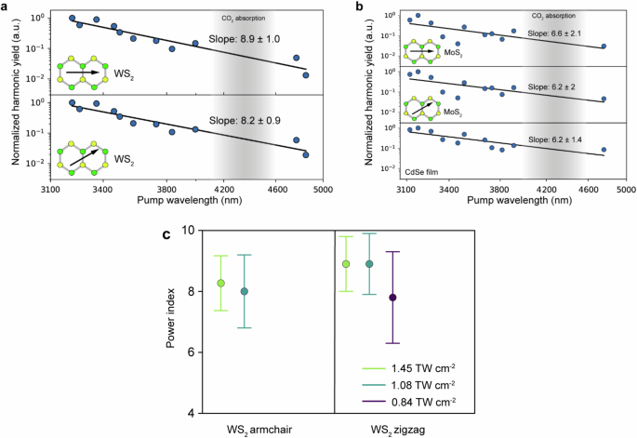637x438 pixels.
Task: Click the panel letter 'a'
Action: [x=4, y=6]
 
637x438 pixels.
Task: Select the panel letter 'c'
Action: [x=166, y=234]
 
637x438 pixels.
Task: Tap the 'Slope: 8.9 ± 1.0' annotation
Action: [x=245, y=39]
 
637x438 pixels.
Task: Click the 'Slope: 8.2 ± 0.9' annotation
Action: [x=245, y=121]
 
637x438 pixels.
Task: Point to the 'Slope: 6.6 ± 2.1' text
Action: [x=554, y=33]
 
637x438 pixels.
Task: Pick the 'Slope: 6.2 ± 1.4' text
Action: [x=555, y=139]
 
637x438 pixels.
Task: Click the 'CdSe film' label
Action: [x=421, y=172]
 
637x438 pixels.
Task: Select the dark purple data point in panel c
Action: [x=392, y=298]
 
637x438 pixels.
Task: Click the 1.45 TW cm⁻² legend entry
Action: [x=408, y=368]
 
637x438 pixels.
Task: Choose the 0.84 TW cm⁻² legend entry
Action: [x=408, y=402]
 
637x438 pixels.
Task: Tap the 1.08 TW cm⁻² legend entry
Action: [x=408, y=385]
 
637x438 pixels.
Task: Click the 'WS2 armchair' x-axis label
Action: [x=259, y=430]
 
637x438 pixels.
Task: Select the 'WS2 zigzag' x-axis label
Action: [x=398, y=430]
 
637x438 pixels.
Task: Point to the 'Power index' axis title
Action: [x=171, y=318]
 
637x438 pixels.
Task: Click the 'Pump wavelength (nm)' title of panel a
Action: [x=190, y=200]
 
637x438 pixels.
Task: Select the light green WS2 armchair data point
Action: [x=221, y=284]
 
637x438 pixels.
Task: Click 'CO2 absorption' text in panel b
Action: [x=553, y=16]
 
